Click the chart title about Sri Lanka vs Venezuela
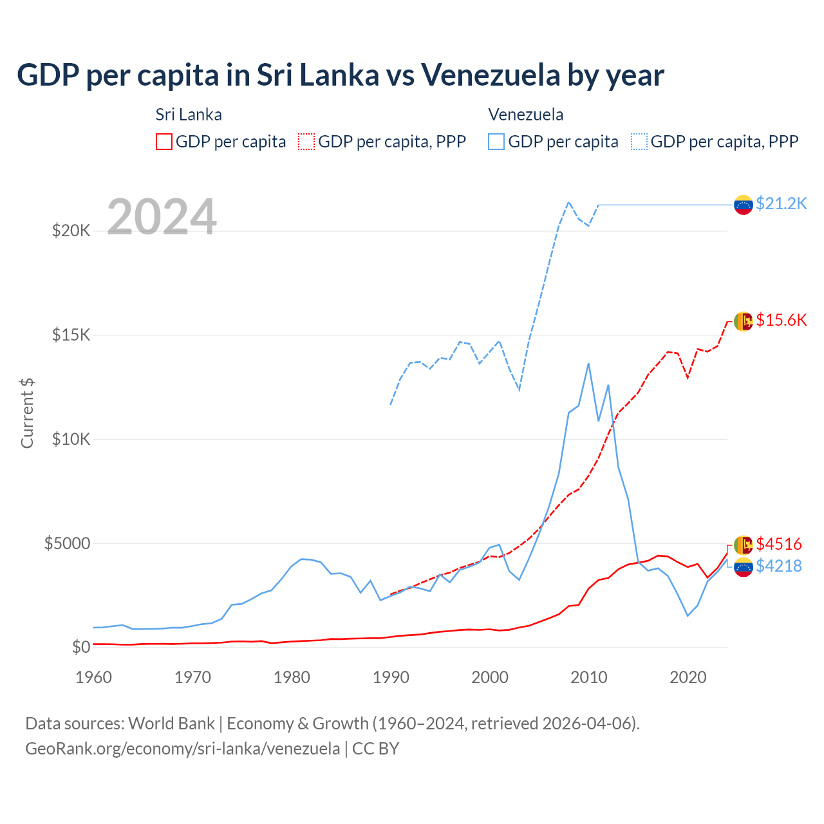tap(340, 75)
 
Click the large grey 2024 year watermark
tap(162, 217)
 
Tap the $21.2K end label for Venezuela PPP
tap(781, 203)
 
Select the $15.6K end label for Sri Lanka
tap(781, 320)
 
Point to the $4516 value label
tap(779, 544)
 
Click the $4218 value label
tap(779, 566)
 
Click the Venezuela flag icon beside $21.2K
tap(744, 205)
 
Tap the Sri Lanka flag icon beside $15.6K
tap(744, 321)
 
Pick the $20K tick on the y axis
tap(71, 230)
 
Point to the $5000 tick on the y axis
tap(67, 543)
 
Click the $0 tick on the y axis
tap(80, 647)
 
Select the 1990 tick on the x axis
tap(391, 677)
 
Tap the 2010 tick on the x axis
tap(589, 677)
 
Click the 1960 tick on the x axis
tap(94, 677)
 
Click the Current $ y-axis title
tap(27, 413)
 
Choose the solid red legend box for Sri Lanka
tap(164, 142)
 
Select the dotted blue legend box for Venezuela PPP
tap(639, 142)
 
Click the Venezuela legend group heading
tap(526, 115)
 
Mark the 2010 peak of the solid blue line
tap(588, 364)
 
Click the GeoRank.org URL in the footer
tap(182, 749)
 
